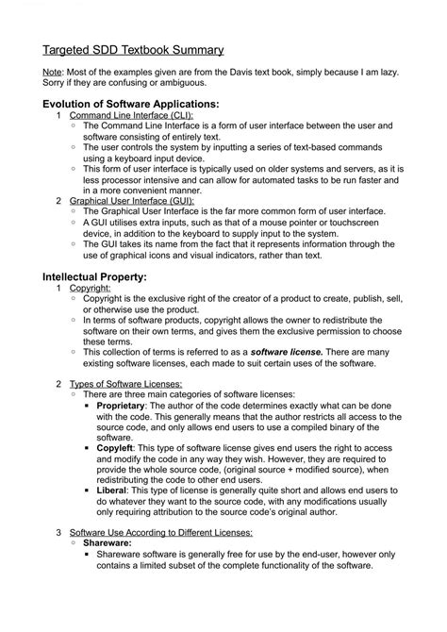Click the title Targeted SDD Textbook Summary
coord(133,49)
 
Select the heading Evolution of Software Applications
coord(130,103)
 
